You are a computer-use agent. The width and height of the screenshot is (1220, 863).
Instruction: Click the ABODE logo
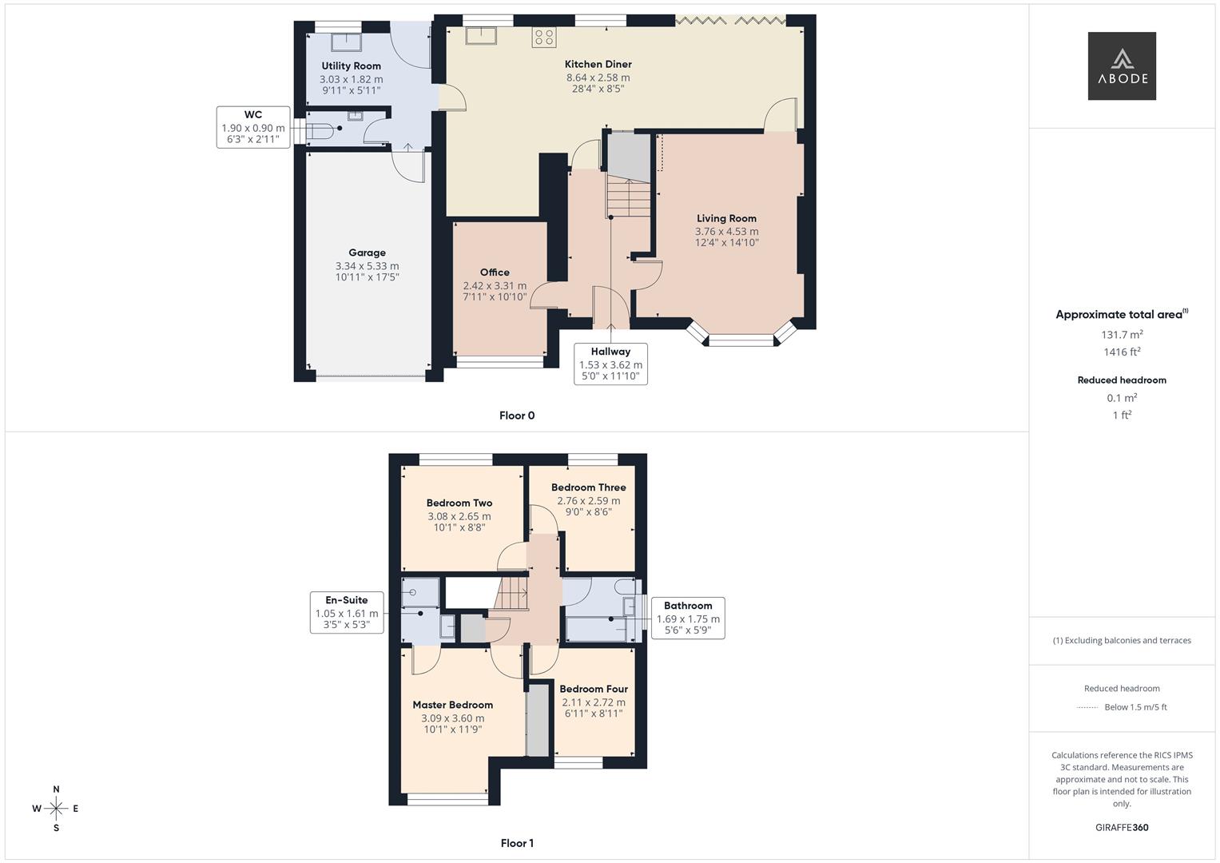(1121, 66)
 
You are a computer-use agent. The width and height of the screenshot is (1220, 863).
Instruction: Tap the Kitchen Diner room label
(598, 64)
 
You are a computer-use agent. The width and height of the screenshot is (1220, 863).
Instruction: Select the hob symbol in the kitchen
(543, 37)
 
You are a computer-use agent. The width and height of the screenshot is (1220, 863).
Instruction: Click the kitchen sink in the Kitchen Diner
(483, 36)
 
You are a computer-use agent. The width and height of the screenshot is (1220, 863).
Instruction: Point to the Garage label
(367, 253)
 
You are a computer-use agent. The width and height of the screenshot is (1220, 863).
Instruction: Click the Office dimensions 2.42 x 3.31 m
(495, 285)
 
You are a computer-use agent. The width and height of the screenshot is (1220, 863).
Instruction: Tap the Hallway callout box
(610, 364)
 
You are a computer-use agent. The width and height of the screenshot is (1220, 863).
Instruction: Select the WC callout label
(252, 127)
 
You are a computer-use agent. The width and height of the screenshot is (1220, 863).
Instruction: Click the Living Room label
(726, 218)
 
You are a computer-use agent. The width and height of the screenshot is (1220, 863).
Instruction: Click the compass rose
(56, 809)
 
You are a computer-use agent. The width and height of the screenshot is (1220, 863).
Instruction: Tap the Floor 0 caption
(517, 416)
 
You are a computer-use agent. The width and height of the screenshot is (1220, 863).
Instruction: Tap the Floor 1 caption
(517, 843)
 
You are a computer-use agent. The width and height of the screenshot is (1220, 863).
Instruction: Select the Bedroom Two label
(459, 503)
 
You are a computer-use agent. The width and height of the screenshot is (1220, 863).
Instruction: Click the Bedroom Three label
(588, 487)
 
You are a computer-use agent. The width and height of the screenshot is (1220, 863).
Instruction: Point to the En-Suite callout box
(347, 613)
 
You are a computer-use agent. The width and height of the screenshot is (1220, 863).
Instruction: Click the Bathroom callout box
(688, 618)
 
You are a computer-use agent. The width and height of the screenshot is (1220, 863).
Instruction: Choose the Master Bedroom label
(452, 705)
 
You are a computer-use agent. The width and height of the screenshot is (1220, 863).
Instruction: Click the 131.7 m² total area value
(1122, 335)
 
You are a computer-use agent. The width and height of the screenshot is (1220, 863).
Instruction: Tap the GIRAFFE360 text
(1122, 827)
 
